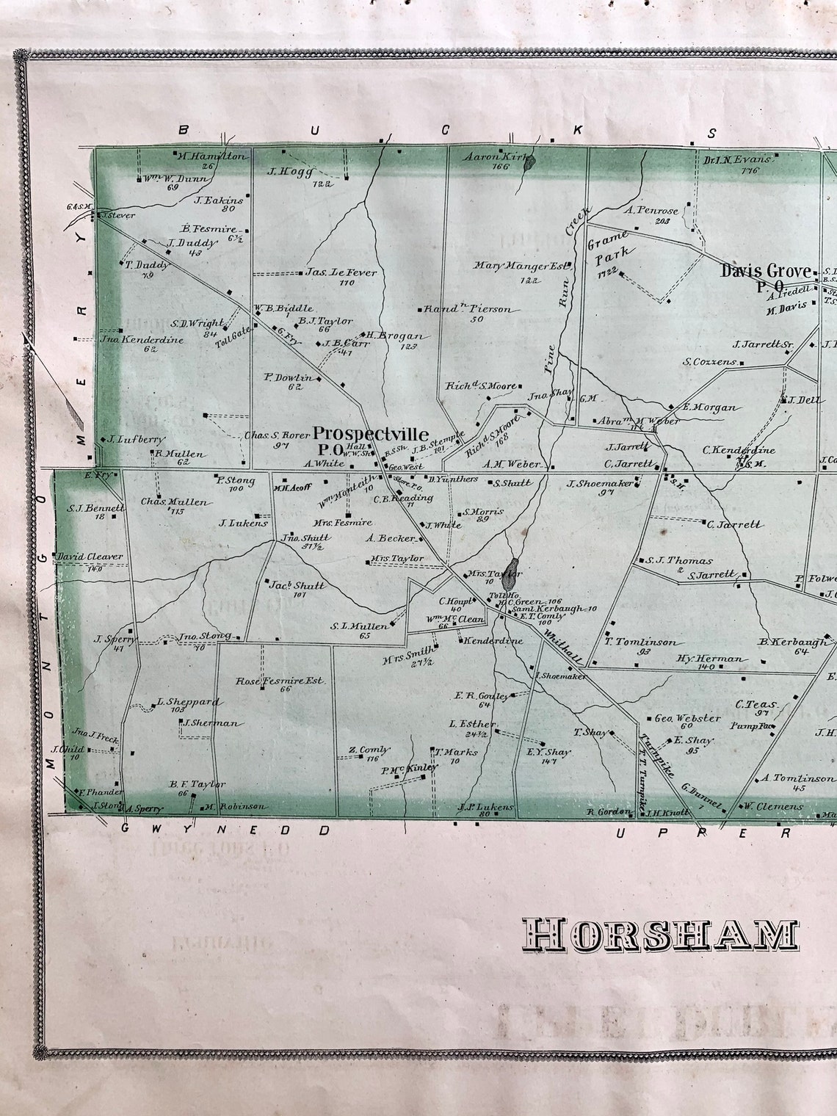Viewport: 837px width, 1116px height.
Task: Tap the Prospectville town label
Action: pyautogui.click(x=371, y=434)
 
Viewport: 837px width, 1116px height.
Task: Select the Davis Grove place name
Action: pyautogui.click(x=766, y=271)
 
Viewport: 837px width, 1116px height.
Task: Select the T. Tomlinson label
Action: pyautogui.click(x=641, y=642)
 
